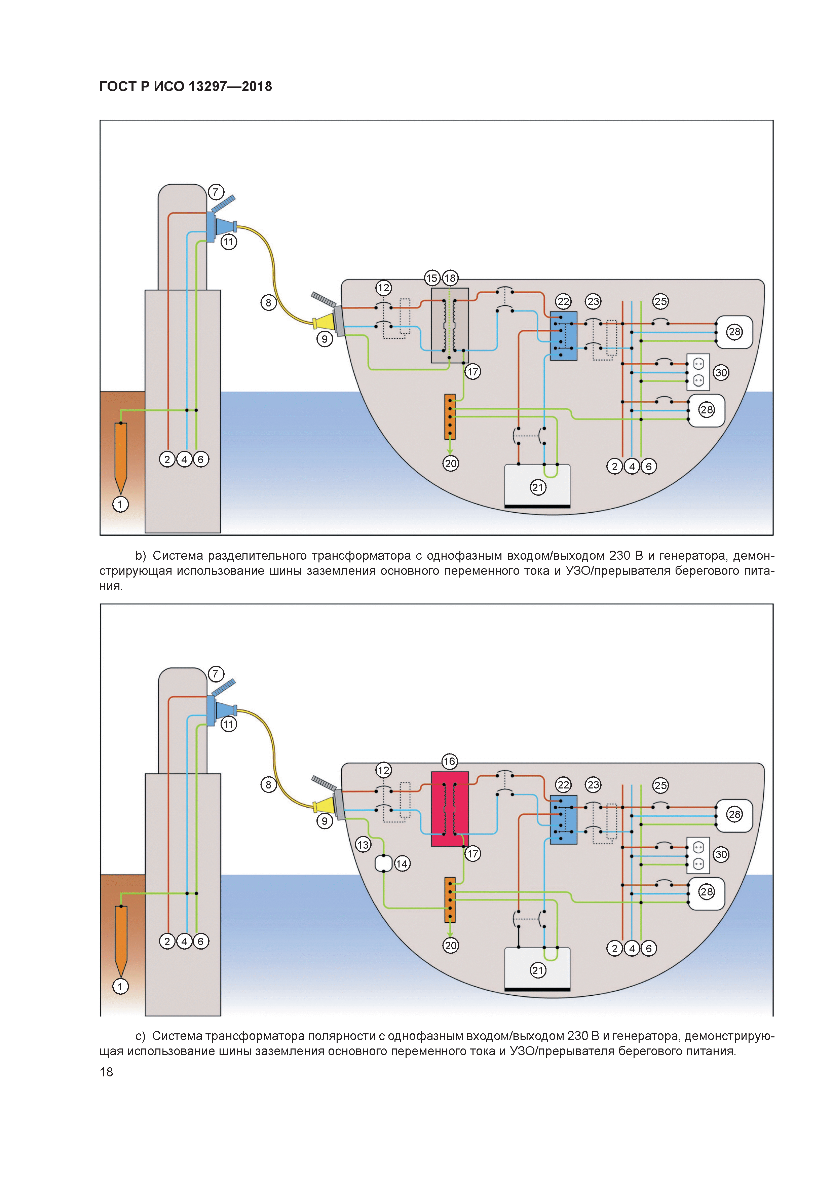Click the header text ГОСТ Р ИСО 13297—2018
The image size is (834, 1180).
186,86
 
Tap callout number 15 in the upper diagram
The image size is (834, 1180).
432,278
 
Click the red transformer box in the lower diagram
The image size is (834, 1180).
450,809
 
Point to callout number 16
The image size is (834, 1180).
450,761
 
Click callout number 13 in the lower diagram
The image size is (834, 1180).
363,844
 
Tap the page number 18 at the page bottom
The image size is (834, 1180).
106,1072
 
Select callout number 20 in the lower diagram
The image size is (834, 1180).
451,945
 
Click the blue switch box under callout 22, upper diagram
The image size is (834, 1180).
563,336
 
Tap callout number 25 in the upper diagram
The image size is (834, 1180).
660,301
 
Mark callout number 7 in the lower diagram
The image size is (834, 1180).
215,673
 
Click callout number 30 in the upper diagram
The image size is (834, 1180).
721,373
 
